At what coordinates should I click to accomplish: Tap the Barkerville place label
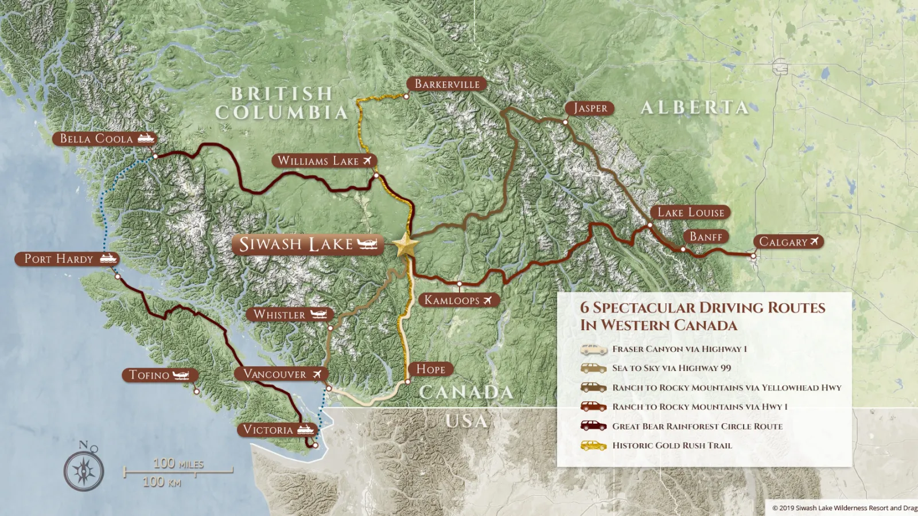coord(447,84)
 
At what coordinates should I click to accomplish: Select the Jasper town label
coord(590,108)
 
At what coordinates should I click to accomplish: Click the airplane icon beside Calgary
coord(814,242)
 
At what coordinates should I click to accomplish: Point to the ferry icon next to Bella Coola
coord(146,139)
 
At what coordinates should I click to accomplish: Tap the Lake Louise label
coord(690,213)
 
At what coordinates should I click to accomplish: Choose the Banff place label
coord(706,237)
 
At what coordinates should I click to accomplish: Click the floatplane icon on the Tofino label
coord(181,376)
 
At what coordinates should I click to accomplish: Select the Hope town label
coord(430,369)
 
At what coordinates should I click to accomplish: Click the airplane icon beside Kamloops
coord(488,300)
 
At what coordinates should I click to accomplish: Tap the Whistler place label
coord(279,315)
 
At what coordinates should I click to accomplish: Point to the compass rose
coord(84,470)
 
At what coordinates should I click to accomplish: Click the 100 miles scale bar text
coord(178,463)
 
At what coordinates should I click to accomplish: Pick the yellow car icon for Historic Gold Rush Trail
coord(593,445)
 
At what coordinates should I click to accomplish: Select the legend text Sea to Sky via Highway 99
coord(671,368)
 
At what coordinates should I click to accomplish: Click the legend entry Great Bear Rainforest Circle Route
coord(697,427)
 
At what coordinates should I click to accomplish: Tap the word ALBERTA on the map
coord(694,108)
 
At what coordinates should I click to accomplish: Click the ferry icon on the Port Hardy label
coord(108,259)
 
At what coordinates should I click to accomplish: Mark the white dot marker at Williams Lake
coord(376,175)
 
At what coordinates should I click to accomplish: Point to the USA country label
coord(466,421)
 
